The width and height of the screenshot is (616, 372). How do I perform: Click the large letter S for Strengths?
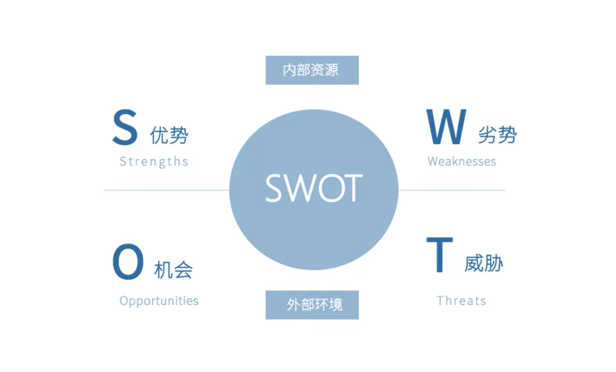pyautogui.click(x=125, y=128)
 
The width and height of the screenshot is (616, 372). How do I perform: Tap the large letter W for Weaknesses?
pyautogui.click(x=447, y=128)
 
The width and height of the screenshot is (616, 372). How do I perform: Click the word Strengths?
pyautogui.click(x=154, y=161)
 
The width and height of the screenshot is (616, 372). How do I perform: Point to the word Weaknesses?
pyautogui.click(x=461, y=161)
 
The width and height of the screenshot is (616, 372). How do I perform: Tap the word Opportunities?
pyautogui.click(x=159, y=300)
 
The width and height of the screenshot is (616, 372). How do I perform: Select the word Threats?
pyautogui.click(x=461, y=300)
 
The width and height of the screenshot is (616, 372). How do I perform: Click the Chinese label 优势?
pyautogui.click(x=169, y=135)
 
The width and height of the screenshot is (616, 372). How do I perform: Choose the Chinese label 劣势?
pyautogui.click(x=498, y=135)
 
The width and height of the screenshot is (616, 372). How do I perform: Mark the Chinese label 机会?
pyautogui.click(x=173, y=269)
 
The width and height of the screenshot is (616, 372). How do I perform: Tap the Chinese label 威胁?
pyautogui.click(x=484, y=263)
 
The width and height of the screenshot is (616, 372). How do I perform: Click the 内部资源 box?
pyautogui.click(x=312, y=70)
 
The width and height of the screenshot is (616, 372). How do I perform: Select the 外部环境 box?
pyautogui.click(x=312, y=305)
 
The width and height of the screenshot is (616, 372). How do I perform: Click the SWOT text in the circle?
pyautogui.click(x=314, y=187)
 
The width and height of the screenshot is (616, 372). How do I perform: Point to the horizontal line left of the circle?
pyautogui.click(x=167, y=190)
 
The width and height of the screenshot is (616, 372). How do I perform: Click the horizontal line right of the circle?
pyautogui.click(x=451, y=190)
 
